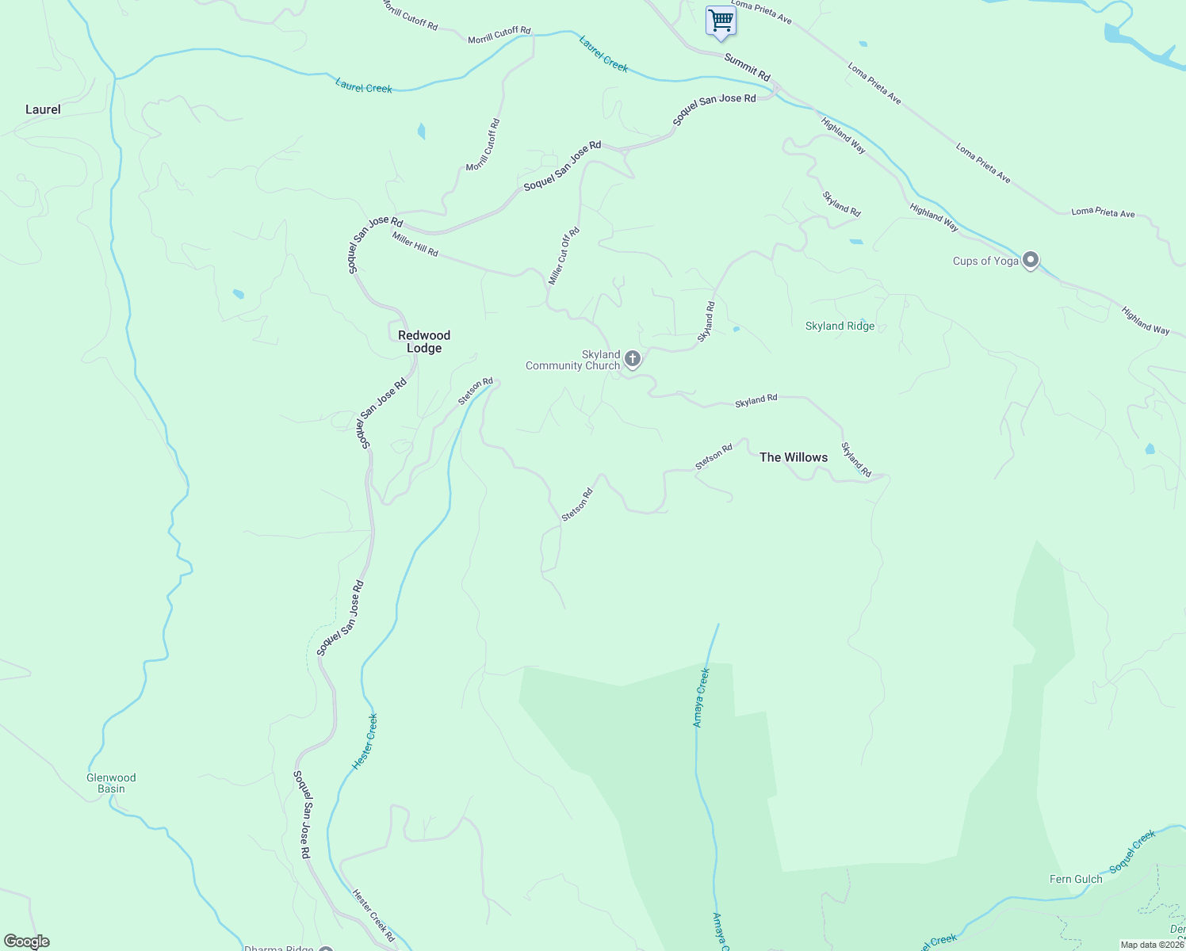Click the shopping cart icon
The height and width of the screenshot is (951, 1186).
[721, 21]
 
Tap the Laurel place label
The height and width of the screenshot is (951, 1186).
[43, 109]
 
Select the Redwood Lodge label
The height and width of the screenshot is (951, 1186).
[424, 342]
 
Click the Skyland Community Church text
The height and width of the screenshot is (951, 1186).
[572, 361]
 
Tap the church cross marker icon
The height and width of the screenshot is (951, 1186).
[633, 359]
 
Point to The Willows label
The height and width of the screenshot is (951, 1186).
[794, 457]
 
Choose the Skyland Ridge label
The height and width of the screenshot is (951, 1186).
[840, 326]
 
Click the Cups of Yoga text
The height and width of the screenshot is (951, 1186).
[985, 261]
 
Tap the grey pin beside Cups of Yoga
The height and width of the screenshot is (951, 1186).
[1030, 259]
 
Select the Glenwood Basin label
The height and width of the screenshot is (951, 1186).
[111, 783]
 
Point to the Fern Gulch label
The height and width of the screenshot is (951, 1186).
[1076, 879]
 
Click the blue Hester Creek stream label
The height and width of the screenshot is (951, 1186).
[365, 742]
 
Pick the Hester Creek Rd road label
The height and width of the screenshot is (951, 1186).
[373, 915]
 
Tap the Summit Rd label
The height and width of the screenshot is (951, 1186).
[747, 67]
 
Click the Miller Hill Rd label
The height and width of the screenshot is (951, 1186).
[415, 244]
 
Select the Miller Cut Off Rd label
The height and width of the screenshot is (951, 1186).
[564, 256]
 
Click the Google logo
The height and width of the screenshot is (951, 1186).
[26, 941]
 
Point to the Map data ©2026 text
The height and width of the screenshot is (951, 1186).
[1151, 945]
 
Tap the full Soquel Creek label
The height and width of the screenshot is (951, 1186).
[1133, 852]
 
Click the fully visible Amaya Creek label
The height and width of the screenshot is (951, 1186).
[702, 697]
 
